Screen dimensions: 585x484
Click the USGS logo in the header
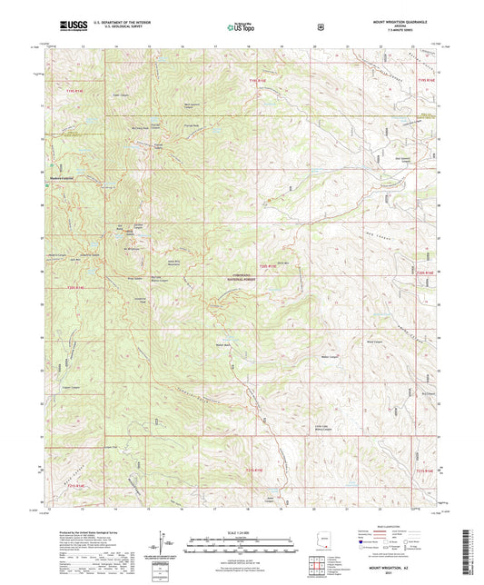point(71,25)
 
